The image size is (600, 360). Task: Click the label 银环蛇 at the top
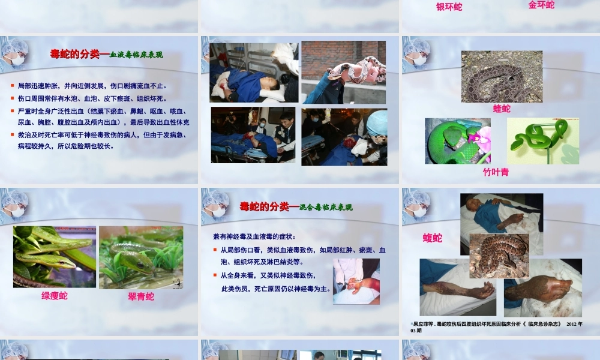[x=449, y=7]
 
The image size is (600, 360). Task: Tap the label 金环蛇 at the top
[x=541, y=5]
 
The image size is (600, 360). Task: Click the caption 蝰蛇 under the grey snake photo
[x=502, y=109]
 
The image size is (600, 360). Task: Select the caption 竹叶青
[x=496, y=172]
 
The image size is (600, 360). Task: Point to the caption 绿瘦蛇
[x=54, y=295]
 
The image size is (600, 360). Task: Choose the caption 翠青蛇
[x=141, y=296]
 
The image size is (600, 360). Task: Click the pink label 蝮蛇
[x=432, y=238]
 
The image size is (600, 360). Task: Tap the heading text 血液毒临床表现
[x=136, y=55]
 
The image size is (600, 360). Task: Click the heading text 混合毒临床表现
[x=326, y=208]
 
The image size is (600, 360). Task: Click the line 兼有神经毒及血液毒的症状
[x=254, y=237]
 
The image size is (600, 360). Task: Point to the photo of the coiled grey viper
[x=502, y=76]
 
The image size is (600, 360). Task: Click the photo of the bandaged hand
[x=356, y=281]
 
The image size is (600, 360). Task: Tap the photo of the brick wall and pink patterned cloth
[x=343, y=72]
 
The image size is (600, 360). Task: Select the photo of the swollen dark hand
[x=543, y=288]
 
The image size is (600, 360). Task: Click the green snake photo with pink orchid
[x=458, y=141]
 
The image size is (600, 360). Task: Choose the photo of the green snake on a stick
[x=543, y=141]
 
